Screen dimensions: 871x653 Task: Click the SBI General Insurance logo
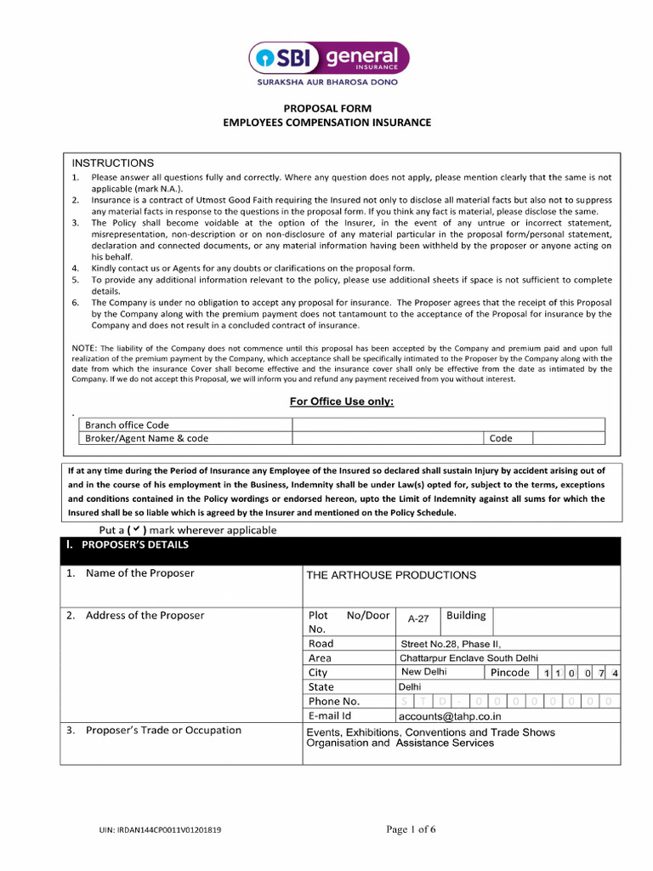point(328,58)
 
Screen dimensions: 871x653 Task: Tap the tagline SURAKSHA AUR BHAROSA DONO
point(327,83)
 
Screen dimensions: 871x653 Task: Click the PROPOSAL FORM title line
point(326,108)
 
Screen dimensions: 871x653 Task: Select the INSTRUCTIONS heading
point(113,162)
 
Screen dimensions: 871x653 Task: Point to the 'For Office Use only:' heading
point(342,401)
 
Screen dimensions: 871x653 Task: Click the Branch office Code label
point(127,424)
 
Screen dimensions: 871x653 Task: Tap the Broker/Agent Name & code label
point(146,438)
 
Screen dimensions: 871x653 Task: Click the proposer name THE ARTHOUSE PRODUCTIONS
point(391,575)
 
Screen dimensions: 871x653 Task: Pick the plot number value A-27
point(418,619)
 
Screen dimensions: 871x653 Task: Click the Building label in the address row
point(466,615)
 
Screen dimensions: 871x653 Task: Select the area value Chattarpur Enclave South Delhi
point(468,658)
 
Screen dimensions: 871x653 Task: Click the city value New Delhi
point(423,672)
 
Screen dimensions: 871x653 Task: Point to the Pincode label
point(510,673)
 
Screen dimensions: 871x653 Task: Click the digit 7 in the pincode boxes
point(601,674)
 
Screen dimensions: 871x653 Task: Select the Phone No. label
point(334,701)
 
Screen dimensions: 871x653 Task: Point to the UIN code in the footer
point(160,830)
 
